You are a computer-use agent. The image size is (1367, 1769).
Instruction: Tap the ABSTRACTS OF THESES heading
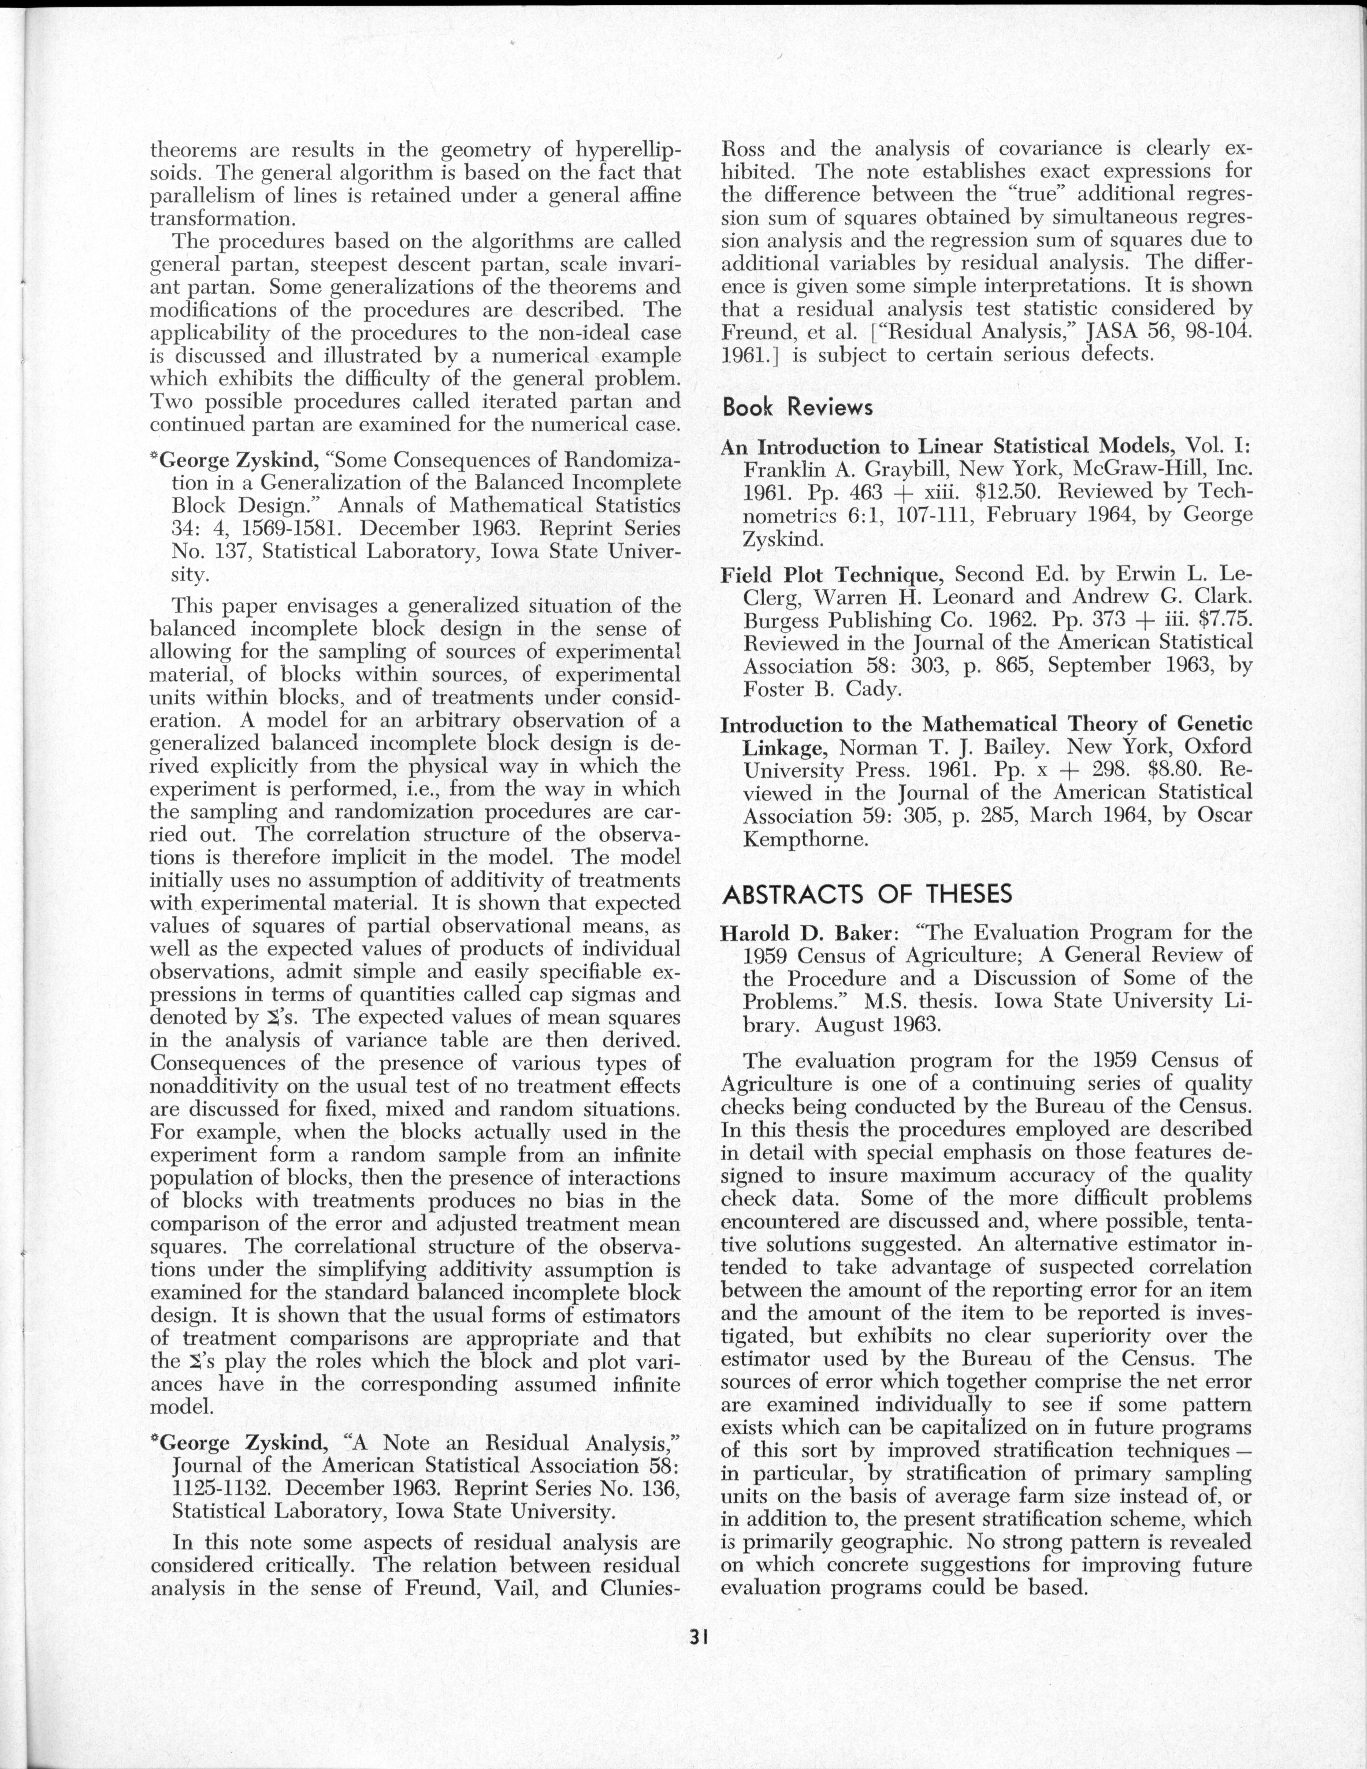pos(867,893)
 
